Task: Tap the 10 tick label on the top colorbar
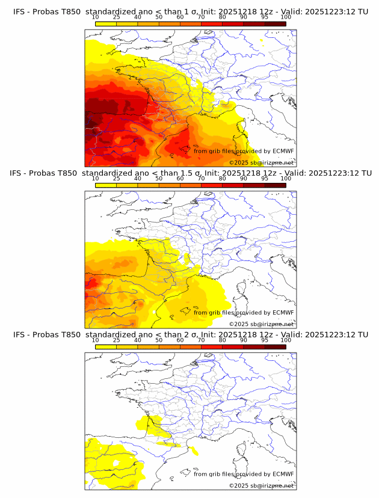pos(95,17)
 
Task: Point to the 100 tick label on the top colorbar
pos(286,17)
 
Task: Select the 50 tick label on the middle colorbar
pos(159,179)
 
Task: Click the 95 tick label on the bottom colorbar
pos(265,340)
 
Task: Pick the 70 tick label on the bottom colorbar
pos(201,340)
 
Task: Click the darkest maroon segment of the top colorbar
pos(275,23)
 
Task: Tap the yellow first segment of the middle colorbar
pos(105,185)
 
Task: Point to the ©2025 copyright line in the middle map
pos(261,324)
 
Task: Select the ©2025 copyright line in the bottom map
pos(261,485)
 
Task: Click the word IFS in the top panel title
pos(20,11)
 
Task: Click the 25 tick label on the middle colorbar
pos(116,179)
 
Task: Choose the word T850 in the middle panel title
pos(70,173)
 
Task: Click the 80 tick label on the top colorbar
pos(223,17)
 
